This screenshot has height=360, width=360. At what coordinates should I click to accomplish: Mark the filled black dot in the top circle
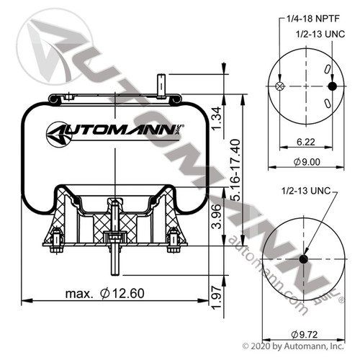[332, 86]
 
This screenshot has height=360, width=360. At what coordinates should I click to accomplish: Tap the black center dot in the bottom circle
[303, 259]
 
